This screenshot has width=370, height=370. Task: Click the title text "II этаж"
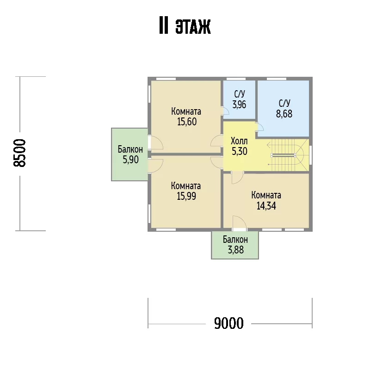(185, 25)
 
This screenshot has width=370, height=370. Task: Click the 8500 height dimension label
(19, 153)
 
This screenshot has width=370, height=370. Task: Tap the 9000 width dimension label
(228, 323)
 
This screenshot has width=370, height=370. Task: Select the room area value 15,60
(187, 122)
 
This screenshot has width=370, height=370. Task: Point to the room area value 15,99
(186, 196)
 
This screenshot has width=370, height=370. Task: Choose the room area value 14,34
(266, 206)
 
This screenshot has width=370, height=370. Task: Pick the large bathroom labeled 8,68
(283, 108)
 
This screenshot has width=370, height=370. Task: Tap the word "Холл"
(239, 141)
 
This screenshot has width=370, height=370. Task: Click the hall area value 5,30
(239, 151)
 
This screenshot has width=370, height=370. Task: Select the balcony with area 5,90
(130, 154)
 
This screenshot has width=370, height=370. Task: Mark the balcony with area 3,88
(235, 245)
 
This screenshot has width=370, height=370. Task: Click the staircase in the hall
(288, 155)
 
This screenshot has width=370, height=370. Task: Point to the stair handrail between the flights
(283, 155)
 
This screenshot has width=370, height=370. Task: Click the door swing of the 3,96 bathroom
(226, 111)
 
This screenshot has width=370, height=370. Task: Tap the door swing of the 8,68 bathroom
(260, 127)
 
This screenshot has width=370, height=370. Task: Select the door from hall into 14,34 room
(237, 178)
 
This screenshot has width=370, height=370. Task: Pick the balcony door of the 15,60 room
(156, 143)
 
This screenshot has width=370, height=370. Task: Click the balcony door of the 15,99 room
(156, 166)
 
